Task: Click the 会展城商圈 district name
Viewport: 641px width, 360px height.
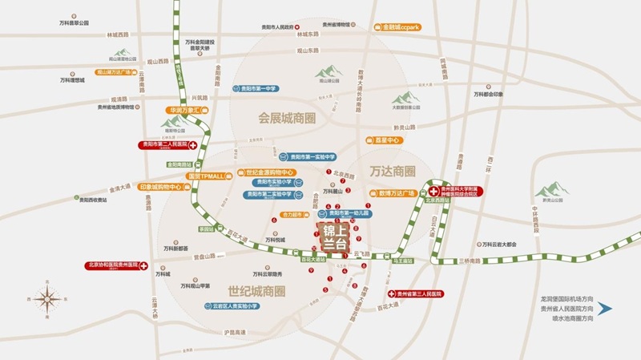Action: point(287,118)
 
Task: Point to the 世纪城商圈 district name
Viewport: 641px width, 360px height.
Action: point(256,291)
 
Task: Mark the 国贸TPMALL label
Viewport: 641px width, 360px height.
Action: point(208,175)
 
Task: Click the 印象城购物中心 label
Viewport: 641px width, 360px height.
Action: point(164,187)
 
